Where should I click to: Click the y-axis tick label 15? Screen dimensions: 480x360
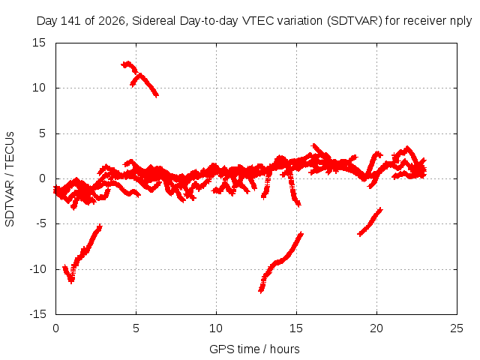coord(39,43)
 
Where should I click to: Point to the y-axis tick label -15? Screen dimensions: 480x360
coord(37,314)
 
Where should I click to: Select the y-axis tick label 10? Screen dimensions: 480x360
coord(39,88)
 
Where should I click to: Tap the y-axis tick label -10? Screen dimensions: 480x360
coord(37,269)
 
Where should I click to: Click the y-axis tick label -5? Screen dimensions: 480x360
coord(40,223)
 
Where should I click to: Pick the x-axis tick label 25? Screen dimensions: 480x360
coord(457,328)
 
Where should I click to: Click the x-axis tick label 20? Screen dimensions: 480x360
coord(376,328)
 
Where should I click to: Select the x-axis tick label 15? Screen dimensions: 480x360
coord(296,328)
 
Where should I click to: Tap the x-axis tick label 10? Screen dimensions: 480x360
coord(216,328)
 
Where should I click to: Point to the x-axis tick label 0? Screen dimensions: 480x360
coord(55,328)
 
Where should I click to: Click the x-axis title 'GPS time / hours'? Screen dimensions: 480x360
coord(254,349)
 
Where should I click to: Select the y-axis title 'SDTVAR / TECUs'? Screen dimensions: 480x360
coord(10,179)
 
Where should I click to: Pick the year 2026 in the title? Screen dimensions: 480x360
coord(112,21)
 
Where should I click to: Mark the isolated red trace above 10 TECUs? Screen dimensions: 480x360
coord(140,78)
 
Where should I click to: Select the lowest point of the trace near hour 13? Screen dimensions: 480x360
coord(261,292)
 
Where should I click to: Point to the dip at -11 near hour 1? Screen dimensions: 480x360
coord(71,281)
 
